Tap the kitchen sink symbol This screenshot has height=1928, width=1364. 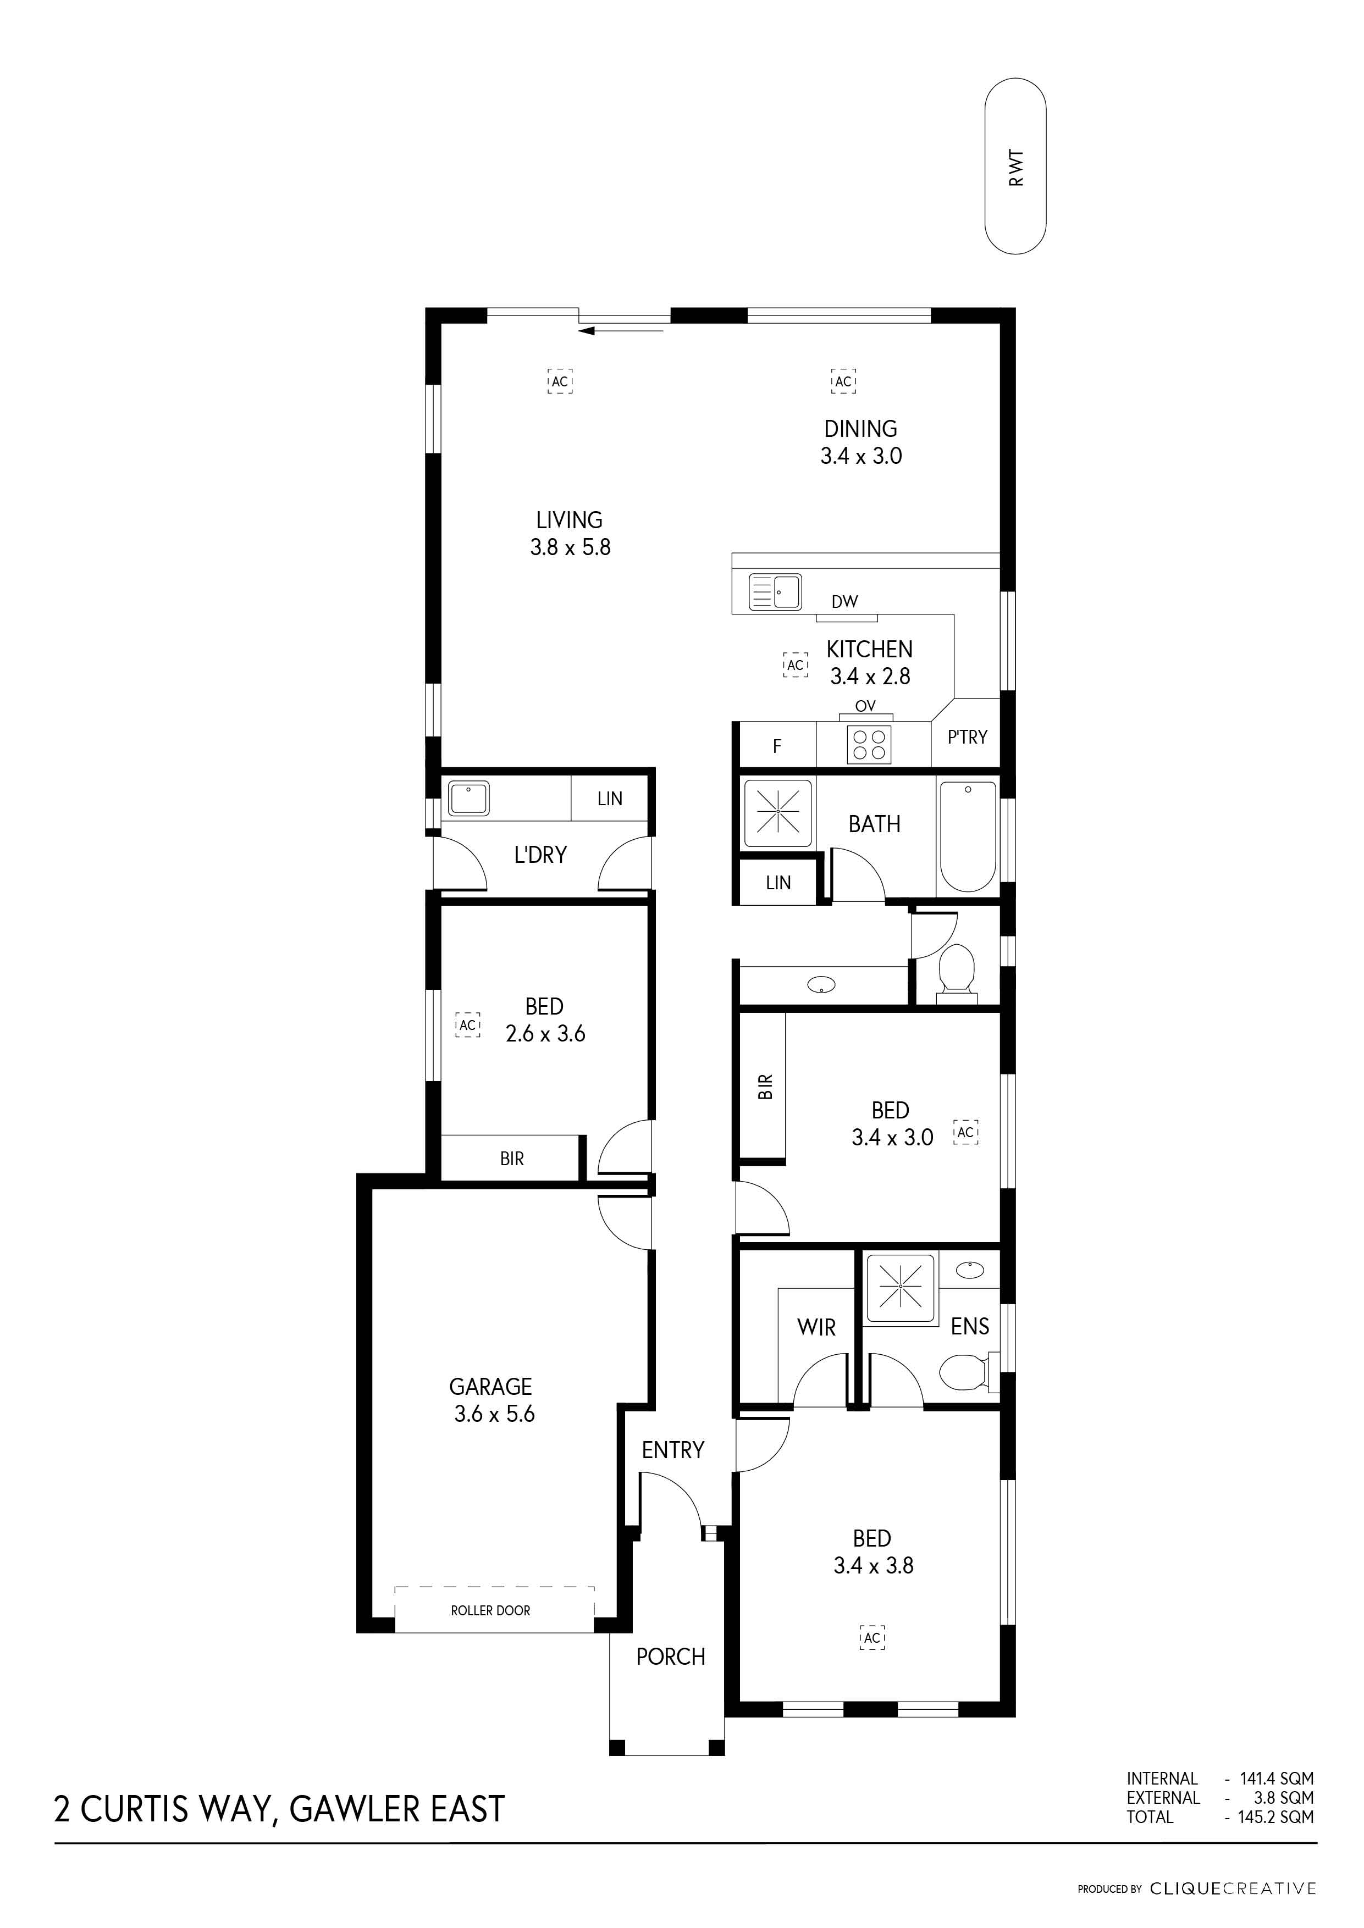pyautogui.click(x=775, y=591)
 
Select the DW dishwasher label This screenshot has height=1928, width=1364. pyautogui.click(x=845, y=601)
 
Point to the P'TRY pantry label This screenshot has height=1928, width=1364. pyautogui.click(x=968, y=737)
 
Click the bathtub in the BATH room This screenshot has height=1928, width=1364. pyautogui.click(x=968, y=836)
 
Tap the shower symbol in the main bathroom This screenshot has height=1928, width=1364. pyautogui.click(x=778, y=813)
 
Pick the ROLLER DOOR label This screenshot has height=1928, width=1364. pyautogui.click(x=490, y=1610)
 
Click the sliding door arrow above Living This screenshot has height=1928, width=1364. pyautogui.click(x=622, y=331)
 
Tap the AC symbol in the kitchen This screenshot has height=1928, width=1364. pyautogui.click(x=796, y=665)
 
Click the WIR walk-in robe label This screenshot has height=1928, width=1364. pyautogui.click(x=816, y=1328)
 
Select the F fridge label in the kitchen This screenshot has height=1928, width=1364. pyautogui.click(x=777, y=746)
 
